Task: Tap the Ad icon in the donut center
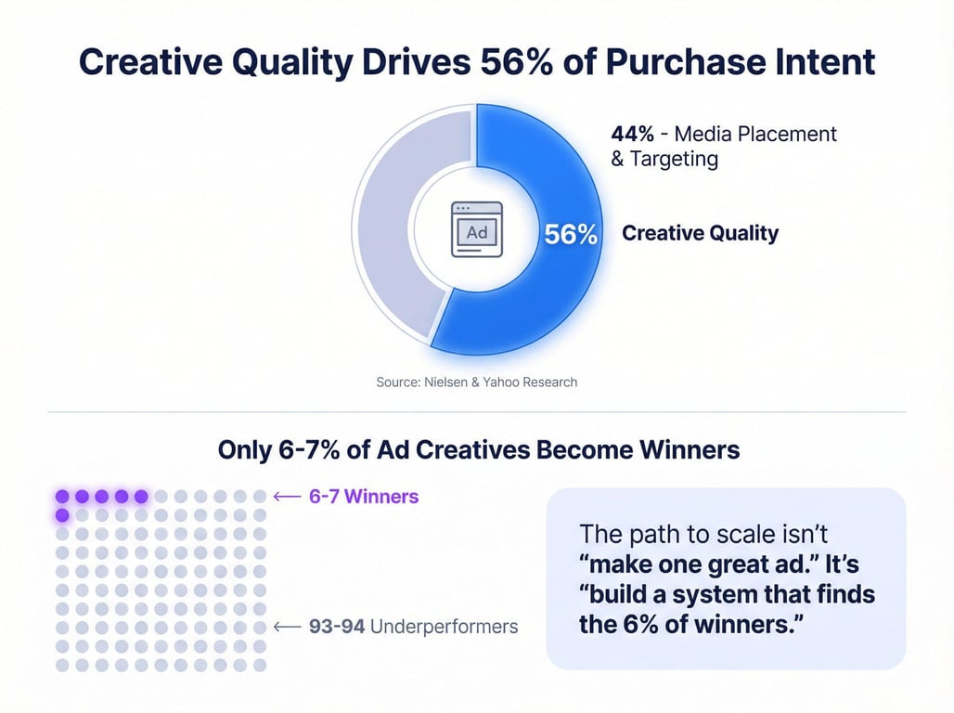pyautogui.click(x=477, y=229)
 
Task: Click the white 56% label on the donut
pyautogui.click(x=570, y=235)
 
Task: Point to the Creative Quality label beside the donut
pyautogui.click(x=700, y=233)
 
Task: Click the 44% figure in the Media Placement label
pyautogui.click(x=633, y=134)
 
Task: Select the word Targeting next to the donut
pyautogui.click(x=674, y=159)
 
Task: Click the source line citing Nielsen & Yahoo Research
pyautogui.click(x=476, y=382)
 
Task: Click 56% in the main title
pyautogui.click(x=517, y=61)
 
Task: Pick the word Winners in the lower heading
pyautogui.click(x=690, y=450)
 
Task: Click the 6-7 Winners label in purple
pyautogui.click(x=364, y=497)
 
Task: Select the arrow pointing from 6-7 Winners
pyautogui.click(x=287, y=497)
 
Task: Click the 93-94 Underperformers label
pyautogui.click(x=414, y=627)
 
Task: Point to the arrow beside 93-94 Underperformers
pyautogui.click(x=287, y=627)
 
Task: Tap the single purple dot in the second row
pyautogui.click(x=62, y=516)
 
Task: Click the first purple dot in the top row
pyautogui.click(x=62, y=497)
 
